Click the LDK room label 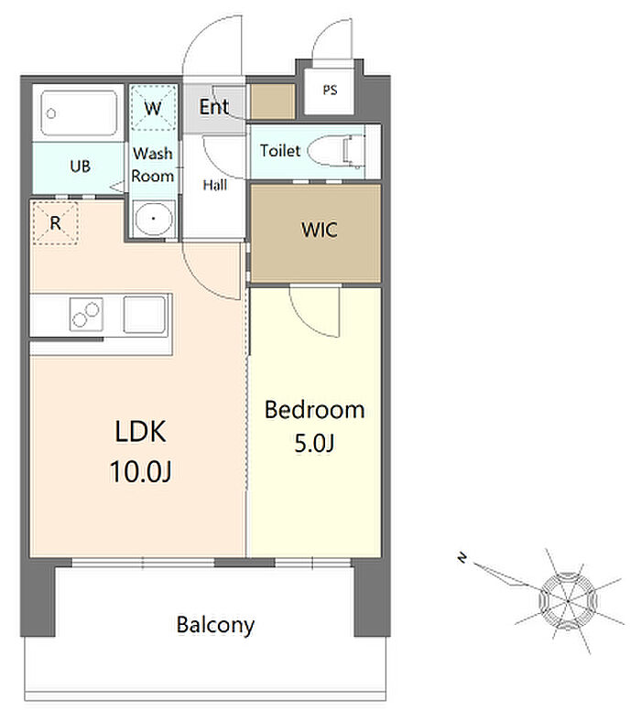[140, 432]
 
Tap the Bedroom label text [315, 410]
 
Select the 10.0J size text [140, 471]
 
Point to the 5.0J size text [314, 443]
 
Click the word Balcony [215, 625]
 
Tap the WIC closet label [320, 230]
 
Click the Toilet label [280, 150]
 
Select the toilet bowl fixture [336, 150]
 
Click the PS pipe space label [330, 90]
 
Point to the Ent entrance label [214, 107]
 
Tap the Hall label [215, 185]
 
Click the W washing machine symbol [153, 108]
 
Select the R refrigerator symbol [55, 223]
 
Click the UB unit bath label [80, 166]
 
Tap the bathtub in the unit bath [79, 113]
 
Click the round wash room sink [153, 219]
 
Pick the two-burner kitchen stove [86, 315]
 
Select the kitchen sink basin [145, 315]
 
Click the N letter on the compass [462, 558]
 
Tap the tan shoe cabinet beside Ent [272, 102]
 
